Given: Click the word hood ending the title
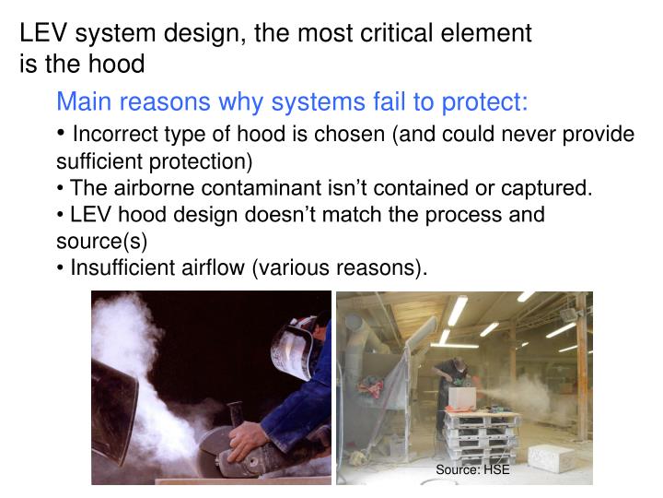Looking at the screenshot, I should click(122, 64).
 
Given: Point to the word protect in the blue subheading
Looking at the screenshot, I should click(484, 101).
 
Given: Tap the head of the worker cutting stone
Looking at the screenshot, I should click(448, 362).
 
